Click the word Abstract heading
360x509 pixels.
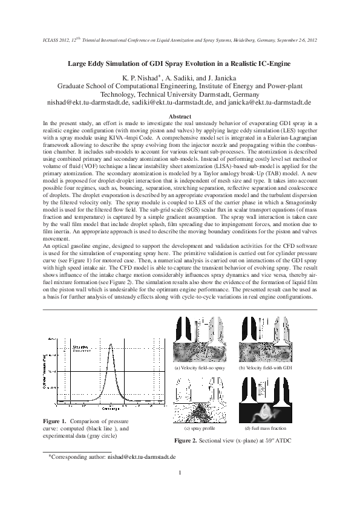[x=180, y=116]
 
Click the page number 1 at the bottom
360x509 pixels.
[x=180, y=473]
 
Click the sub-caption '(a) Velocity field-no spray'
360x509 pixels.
[x=199, y=368]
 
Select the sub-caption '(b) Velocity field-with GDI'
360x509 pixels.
[x=266, y=368]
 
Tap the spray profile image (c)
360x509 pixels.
[x=199, y=400]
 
